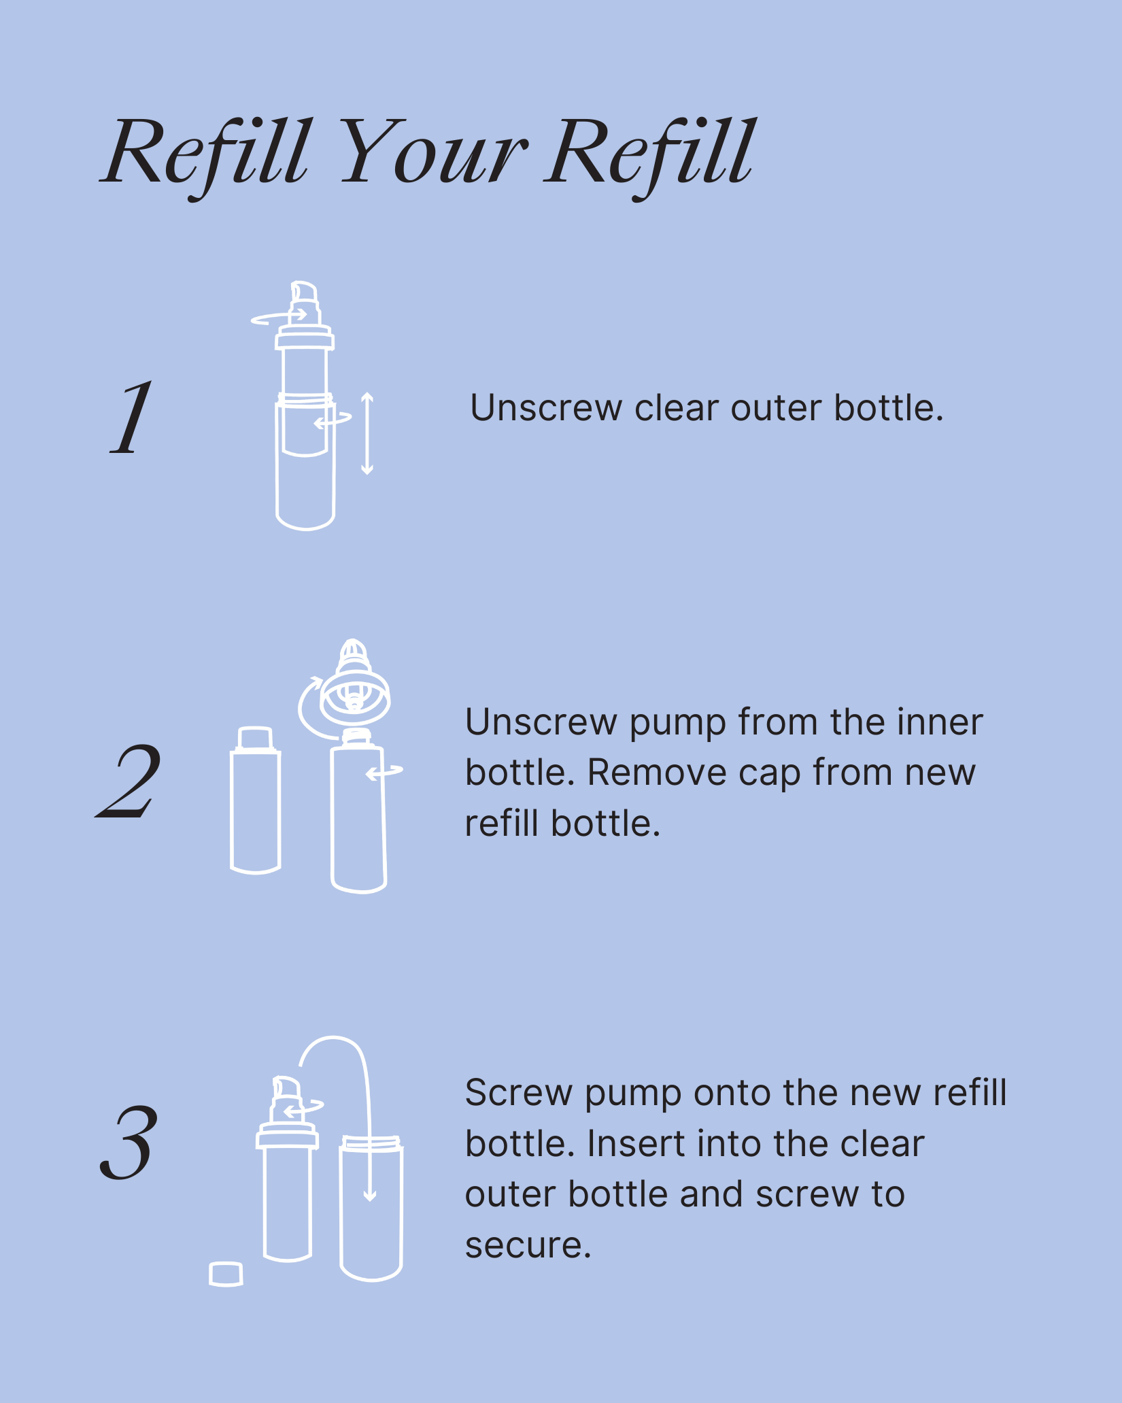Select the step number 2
[129, 781]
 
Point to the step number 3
[129, 1143]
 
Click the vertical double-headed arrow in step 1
[367, 433]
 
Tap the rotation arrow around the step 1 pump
[279, 317]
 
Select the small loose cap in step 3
[226, 1274]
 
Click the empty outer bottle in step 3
[371, 1208]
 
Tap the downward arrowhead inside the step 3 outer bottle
[370, 1194]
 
